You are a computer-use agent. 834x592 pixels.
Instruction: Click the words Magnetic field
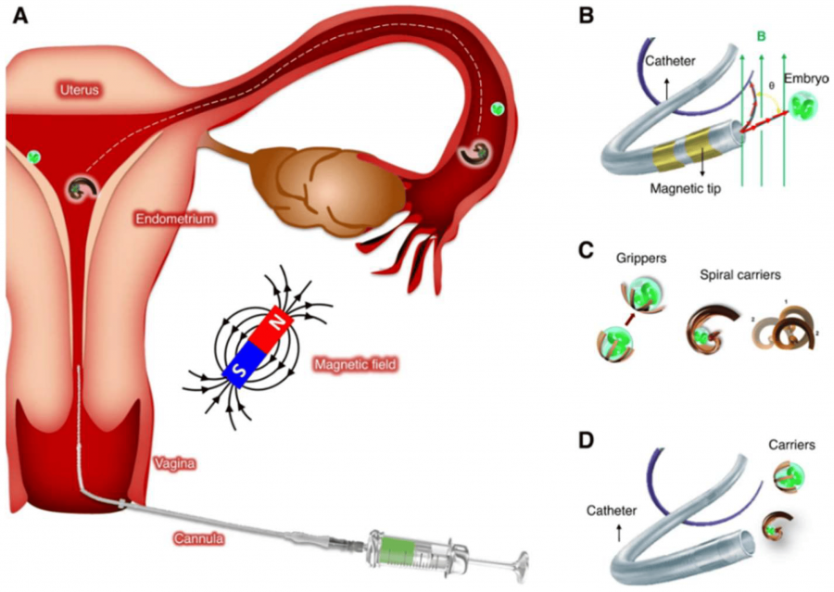[x=356, y=365]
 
